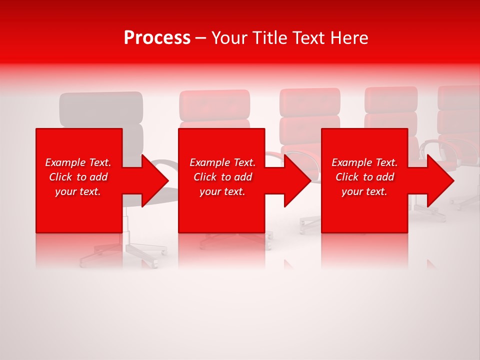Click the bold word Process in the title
click(157, 38)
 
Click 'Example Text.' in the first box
click(78, 162)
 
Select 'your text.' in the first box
click(78, 191)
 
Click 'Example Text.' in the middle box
click(222, 162)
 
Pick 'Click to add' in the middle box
click(222, 177)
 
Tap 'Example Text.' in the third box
click(364, 162)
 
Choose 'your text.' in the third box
click(364, 191)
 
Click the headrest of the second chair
click(214, 104)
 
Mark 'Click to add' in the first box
click(78, 177)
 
